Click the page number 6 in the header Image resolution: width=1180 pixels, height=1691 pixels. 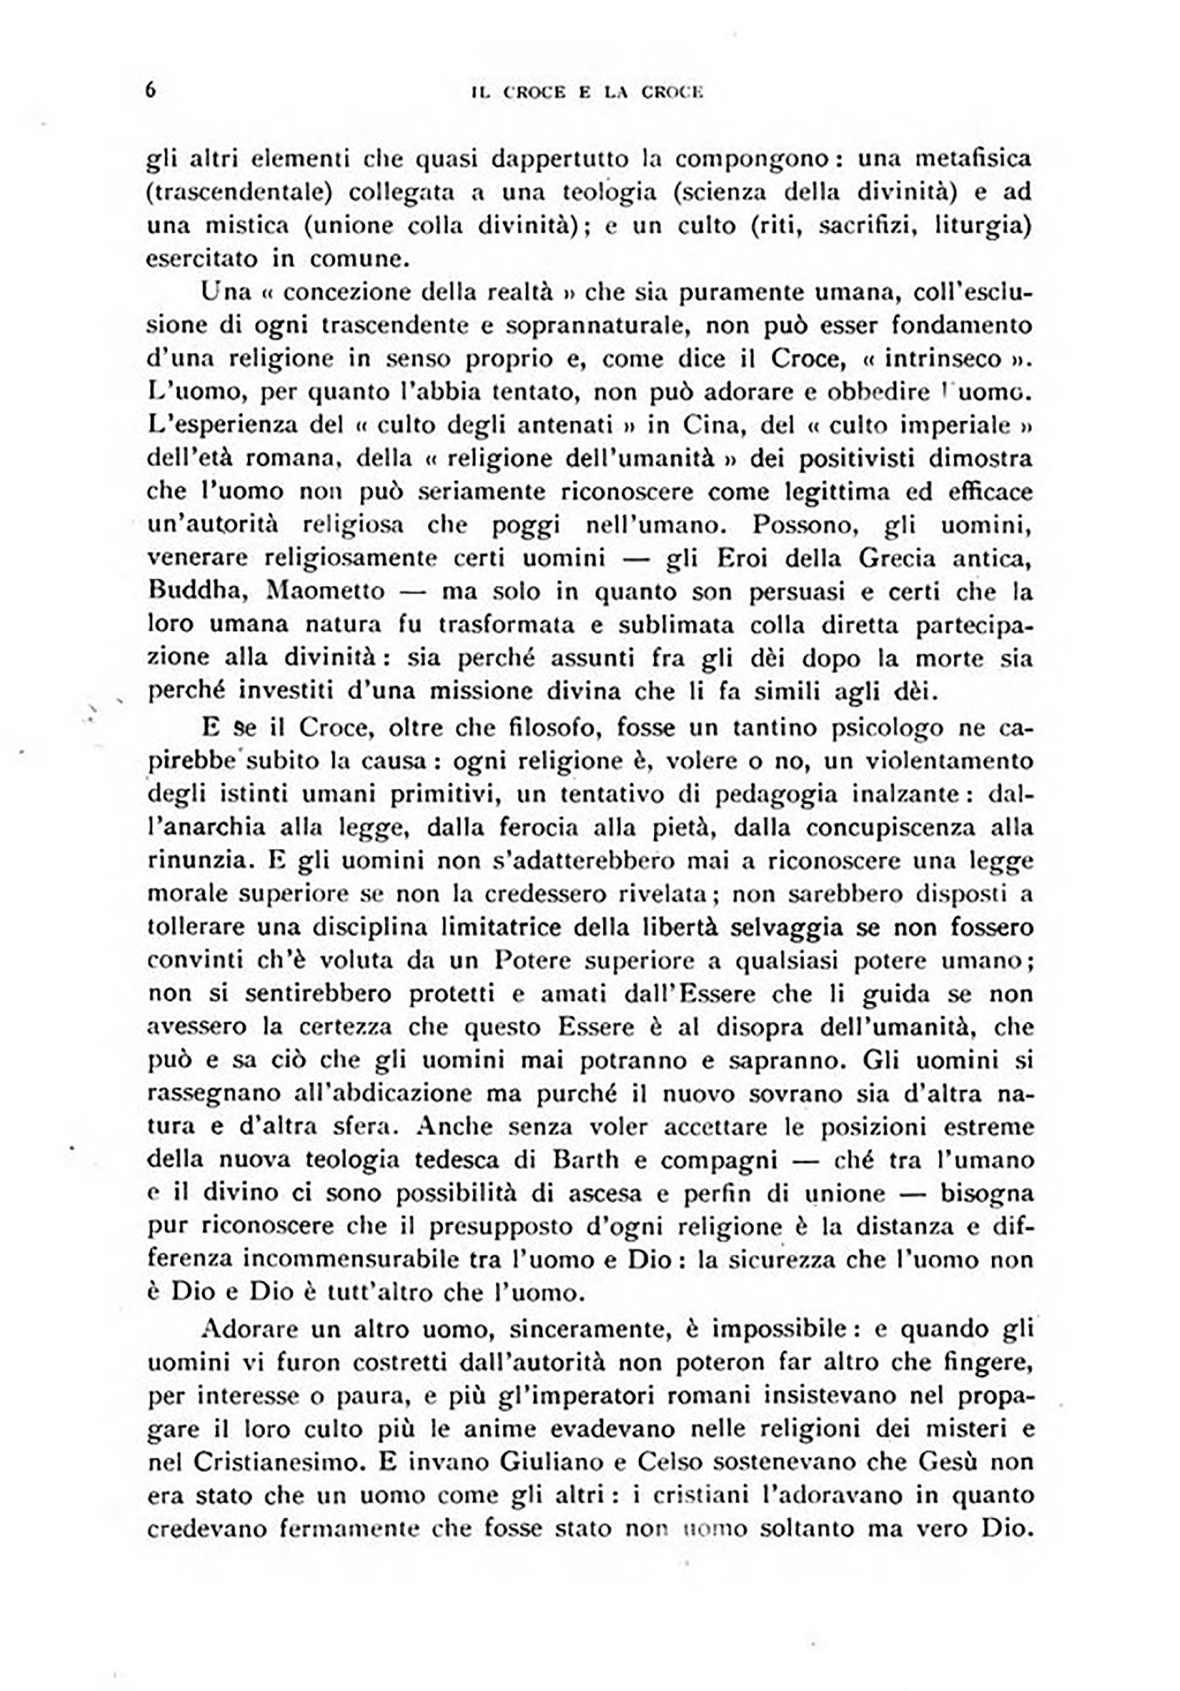151,90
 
